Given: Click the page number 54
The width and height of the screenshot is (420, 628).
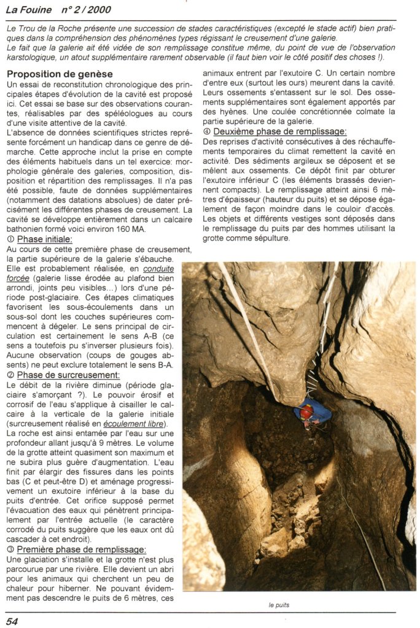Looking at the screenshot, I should point(12,621).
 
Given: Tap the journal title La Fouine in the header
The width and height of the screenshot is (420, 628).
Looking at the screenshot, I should point(29,10).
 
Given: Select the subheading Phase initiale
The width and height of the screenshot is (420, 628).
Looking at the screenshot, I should point(45,239).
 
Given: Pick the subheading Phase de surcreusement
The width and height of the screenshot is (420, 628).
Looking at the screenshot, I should point(68,375).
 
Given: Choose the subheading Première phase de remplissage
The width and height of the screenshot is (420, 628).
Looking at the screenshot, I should point(81,549).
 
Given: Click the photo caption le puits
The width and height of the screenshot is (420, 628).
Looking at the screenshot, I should point(279,605).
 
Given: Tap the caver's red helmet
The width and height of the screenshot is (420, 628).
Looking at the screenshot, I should point(306,409).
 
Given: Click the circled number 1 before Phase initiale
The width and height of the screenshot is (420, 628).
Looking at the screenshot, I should point(10,239).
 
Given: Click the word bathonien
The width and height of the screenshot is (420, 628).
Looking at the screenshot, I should point(26,228).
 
